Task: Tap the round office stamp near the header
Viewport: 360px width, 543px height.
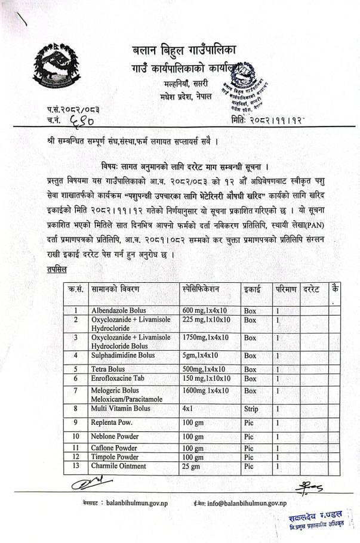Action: point(249,88)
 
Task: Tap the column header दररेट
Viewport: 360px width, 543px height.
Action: point(312,289)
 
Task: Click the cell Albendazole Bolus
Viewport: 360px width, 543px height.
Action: point(119,311)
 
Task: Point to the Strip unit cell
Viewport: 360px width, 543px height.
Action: point(251,409)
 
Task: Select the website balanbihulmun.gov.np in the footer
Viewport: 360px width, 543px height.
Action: point(137,504)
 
